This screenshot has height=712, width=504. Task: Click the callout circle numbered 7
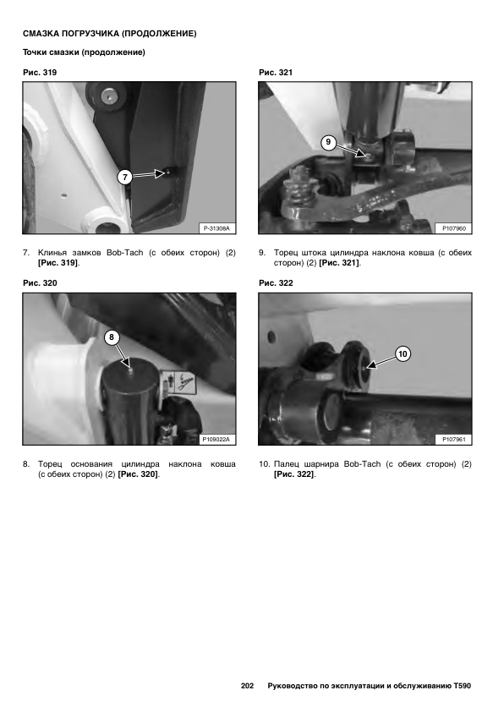[125, 177]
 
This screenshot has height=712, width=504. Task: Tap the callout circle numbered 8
[112, 337]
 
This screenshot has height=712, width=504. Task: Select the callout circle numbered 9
[329, 142]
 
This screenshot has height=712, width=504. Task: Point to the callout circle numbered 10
[403, 353]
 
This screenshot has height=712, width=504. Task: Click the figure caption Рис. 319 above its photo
[40, 73]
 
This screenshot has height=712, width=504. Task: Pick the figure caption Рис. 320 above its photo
[40, 283]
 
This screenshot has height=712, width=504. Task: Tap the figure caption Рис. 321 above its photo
[276, 73]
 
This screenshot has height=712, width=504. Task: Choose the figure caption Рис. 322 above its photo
[276, 283]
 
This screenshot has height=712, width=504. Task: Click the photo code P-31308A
[216, 228]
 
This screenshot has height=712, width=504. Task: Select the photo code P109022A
[216, 440]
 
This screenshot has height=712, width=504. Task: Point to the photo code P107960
[454, 228]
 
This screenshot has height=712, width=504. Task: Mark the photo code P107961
[454, 440]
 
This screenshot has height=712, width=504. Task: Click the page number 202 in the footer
[247, 686]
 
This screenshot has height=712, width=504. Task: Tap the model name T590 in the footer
[463, 686]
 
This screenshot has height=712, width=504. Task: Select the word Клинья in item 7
[52, 253]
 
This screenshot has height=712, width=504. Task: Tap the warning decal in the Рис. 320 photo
[179, 381]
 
